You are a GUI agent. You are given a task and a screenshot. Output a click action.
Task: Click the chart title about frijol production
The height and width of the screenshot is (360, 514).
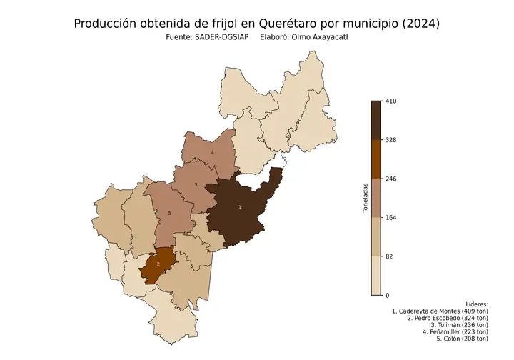coord(257,24)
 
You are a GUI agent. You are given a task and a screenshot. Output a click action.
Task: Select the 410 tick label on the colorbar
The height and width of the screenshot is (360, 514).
coord(390,101)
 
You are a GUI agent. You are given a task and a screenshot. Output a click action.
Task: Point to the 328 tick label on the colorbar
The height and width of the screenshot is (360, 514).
coord(390,140)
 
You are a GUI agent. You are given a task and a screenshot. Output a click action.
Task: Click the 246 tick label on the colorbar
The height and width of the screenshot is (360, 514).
coord(390,179)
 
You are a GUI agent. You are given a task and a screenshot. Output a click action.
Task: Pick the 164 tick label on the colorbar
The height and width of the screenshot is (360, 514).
coord(390,218)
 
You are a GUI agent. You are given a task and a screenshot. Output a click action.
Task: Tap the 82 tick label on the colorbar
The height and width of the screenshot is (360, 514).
coord(389,256)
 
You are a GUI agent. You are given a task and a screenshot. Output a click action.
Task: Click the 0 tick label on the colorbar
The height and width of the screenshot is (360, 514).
coord(387,295)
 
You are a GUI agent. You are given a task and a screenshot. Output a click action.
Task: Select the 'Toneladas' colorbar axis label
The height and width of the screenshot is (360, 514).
coord(365,198)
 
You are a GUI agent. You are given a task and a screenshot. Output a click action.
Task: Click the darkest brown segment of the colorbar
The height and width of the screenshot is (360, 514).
coord(376,120)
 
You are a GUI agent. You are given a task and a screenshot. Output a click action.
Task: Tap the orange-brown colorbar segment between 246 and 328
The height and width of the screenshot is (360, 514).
coord(376,159)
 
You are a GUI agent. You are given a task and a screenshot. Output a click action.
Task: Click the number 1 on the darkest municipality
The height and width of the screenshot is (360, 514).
coord(239,207)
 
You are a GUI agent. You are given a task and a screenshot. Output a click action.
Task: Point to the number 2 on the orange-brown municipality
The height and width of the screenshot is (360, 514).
coord(158,264)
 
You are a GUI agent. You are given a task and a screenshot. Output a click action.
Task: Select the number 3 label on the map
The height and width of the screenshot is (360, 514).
coord(196,185)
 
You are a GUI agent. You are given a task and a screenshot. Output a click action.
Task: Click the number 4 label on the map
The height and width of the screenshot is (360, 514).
coord(212,152)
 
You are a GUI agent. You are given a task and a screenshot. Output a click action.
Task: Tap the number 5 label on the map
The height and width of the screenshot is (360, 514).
coord(169,213)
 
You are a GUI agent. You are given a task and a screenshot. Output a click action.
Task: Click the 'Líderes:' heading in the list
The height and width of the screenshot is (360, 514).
coord(475,304)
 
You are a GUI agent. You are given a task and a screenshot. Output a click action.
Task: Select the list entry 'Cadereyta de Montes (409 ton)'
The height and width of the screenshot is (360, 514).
coord(440,311)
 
